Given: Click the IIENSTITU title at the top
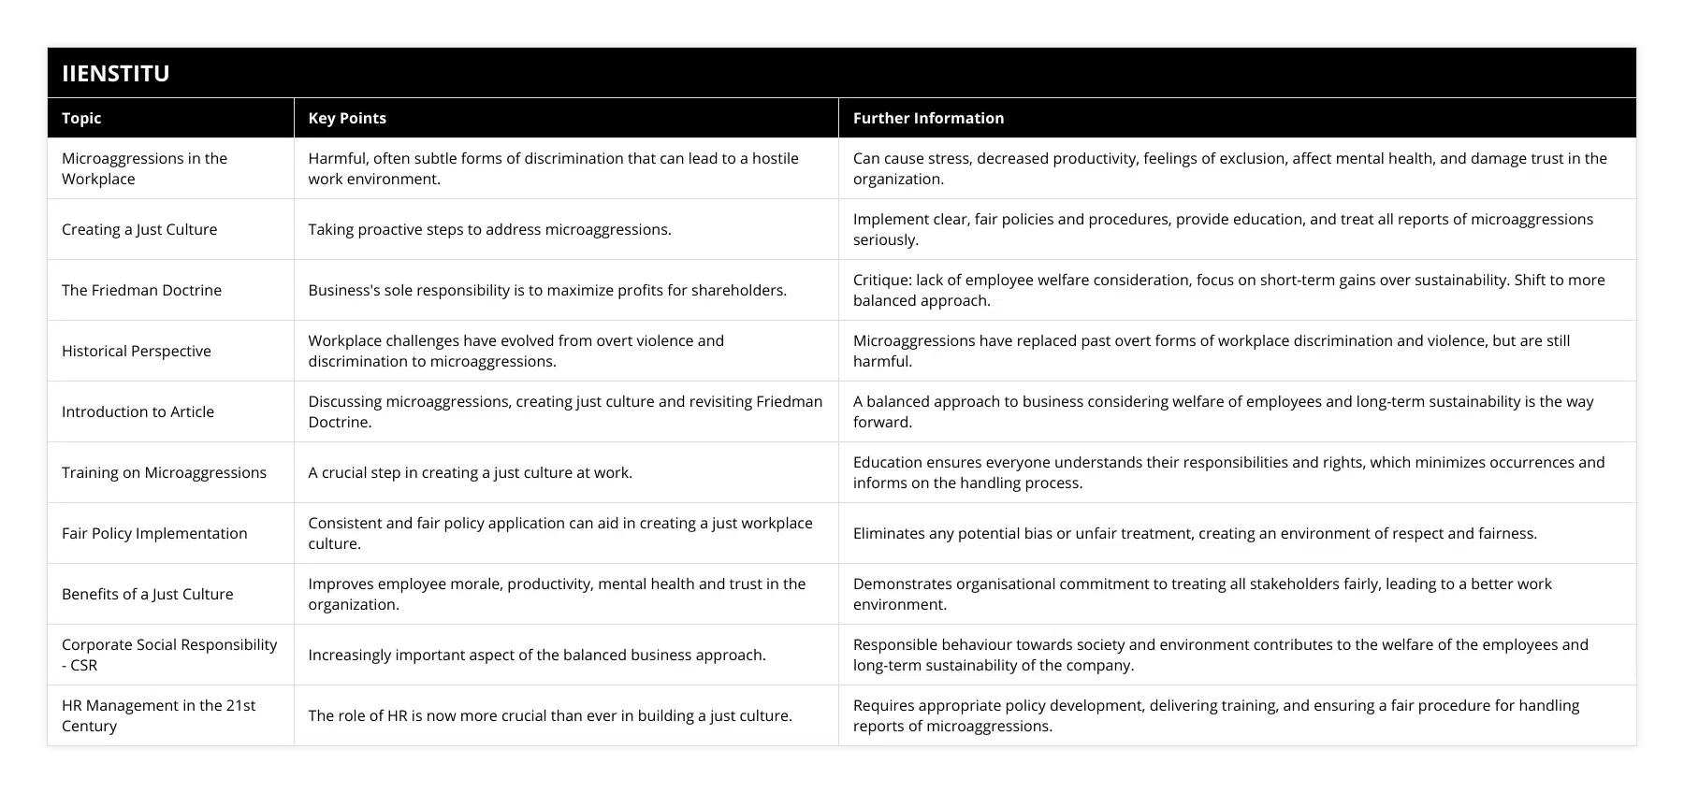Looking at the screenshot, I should point(116,73).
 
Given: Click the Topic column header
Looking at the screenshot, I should point(81,118).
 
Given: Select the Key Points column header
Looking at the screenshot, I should point(347,118).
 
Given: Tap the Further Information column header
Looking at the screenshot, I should point(928,118).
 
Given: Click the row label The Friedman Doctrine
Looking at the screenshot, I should point(141,290).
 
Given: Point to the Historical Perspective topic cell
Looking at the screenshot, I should point(137,351).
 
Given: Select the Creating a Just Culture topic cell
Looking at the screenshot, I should point(139,229).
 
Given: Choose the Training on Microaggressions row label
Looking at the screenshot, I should point(164,472).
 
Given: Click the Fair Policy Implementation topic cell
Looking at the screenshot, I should point(154,533).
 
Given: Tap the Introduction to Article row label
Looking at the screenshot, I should point(138,411).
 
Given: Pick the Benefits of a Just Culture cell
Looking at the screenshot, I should point(148,594).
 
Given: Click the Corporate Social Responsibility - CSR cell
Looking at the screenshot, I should point(169,655).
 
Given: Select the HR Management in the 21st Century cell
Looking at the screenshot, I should point(158,715).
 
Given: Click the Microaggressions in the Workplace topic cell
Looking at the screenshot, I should point(144,168).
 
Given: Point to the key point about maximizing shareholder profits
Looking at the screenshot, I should point(547,290).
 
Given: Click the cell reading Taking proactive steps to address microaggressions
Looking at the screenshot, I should point(489,229).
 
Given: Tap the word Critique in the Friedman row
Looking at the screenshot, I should point(879,280).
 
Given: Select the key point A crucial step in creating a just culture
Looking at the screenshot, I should point(470,472).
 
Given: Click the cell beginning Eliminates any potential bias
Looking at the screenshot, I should point(1195,533).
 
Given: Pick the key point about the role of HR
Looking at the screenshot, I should point(550,715).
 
